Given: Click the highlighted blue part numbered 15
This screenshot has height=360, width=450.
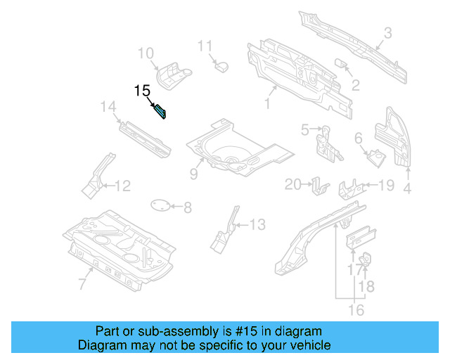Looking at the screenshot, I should tap(160, 111).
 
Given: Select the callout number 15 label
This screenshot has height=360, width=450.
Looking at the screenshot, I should tap(143, 91).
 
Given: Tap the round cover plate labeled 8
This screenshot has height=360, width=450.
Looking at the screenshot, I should tap(162, 205).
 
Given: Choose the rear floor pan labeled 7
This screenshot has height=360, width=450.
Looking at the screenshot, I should tap(120, 246).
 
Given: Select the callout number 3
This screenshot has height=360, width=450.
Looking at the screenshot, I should tap(387, 32).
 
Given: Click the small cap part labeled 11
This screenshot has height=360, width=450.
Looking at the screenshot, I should tap(222, 65).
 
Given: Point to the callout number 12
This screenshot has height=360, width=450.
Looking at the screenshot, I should tap(122, 186).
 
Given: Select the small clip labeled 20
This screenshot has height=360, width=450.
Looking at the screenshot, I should tap(320, 186).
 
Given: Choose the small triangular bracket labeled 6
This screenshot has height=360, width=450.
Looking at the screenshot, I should tap(375, 155).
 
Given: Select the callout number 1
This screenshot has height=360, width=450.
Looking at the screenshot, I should tap(266, 104).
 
